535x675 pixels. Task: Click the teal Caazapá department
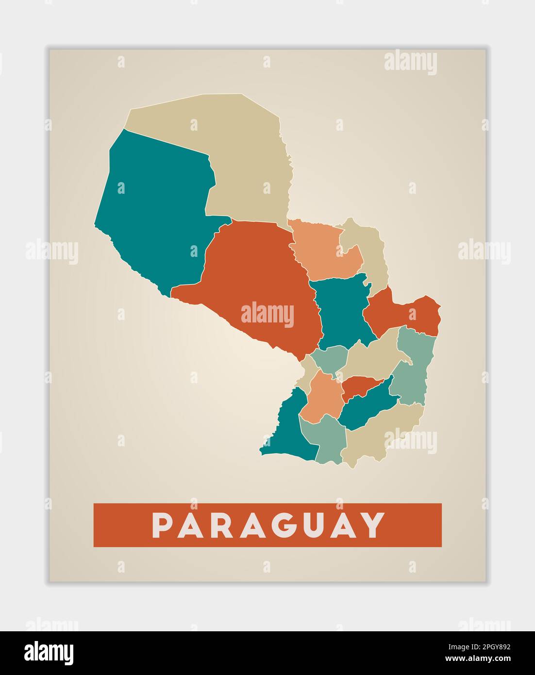click(x=364, y=408)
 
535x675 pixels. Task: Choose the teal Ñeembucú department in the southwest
click(x=284, y=427)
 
